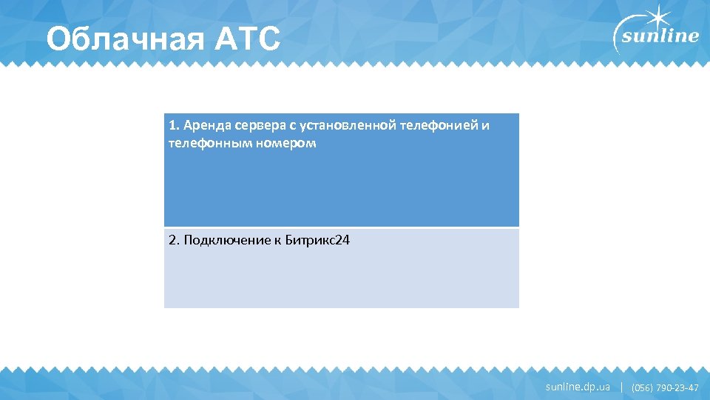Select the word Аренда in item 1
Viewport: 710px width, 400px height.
tap(203, 125)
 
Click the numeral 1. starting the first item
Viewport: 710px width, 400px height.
tap(174, 125)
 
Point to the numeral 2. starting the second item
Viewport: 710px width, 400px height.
tap(175, 240)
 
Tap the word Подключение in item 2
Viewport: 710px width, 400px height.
tap(224, 240)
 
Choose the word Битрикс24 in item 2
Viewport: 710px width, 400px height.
tap(317, 240)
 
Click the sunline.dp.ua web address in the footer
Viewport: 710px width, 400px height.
tap(578, 387)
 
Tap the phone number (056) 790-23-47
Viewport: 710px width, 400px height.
tap(665, 387)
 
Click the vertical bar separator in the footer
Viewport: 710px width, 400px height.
tap(621, 387)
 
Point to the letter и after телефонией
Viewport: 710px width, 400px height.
tap(484, 125)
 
